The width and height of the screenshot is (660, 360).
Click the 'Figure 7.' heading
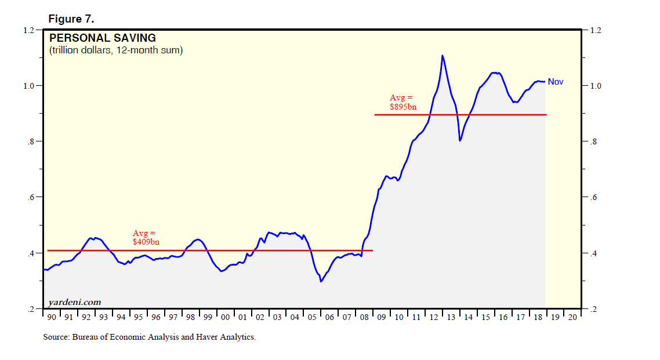[x=71, y=19]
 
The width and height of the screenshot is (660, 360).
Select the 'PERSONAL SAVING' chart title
[x=102, y=38]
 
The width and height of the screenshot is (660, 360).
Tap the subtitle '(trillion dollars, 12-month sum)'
[x=116, y=50]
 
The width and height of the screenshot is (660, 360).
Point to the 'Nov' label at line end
[x=555, y=82]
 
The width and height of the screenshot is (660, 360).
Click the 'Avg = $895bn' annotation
[x=402, y=102]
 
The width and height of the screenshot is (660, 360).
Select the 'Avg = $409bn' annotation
[x=146, y=237]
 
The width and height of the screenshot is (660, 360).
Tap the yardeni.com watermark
[x=74, y=302]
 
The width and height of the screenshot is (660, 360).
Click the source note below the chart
[x=149, y=337]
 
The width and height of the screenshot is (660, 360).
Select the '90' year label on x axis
[x=52, y=318]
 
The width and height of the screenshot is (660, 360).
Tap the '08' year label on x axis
[x=364, y=318]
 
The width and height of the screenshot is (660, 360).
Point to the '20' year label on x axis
[x=572, y=318]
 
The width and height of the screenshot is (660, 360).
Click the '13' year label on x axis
[x=451, y=318]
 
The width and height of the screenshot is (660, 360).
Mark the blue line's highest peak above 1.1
[x=443, y=56]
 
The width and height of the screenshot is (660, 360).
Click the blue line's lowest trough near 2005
[x=321, y=282]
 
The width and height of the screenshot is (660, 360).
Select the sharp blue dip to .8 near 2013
[x=460, y=140]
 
